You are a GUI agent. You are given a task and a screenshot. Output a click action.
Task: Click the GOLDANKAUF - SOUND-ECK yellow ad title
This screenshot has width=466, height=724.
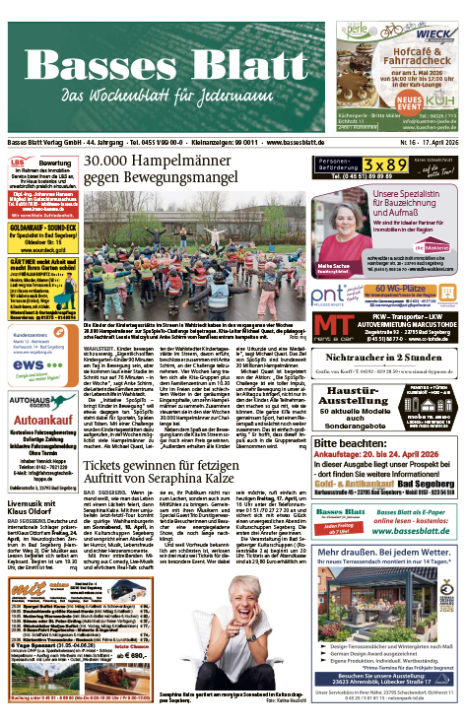coord(39,225)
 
